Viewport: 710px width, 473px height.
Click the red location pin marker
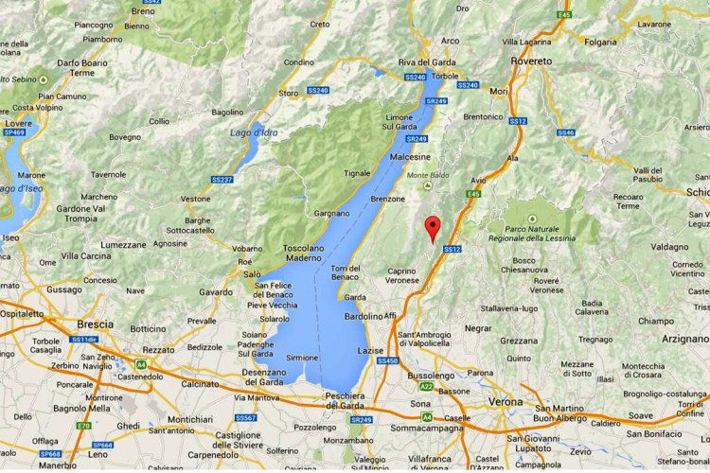[x=433, y=228]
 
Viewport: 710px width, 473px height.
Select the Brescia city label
[x=96, y=323]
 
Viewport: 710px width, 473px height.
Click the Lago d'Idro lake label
[x=253, y=132]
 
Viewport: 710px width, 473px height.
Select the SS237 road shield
[x=222, y=179]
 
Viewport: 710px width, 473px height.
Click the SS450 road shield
[x=388, y=360]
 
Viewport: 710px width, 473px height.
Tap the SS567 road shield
[x=245, y=417]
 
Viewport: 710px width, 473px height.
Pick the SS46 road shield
[x=566, y=132]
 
